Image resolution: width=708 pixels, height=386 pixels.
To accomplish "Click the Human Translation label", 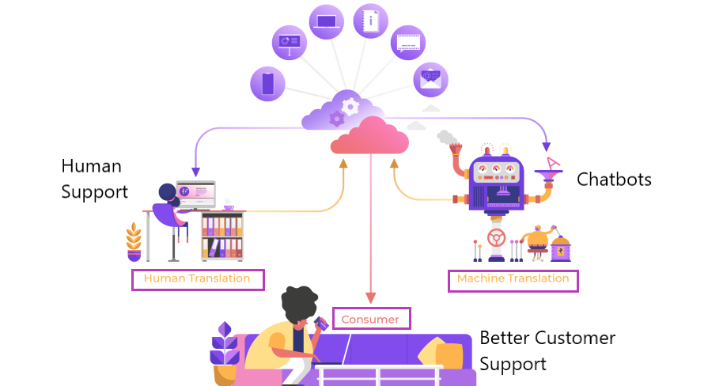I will pos(197,279).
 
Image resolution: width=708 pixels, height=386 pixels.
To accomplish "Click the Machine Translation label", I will pos(513,280).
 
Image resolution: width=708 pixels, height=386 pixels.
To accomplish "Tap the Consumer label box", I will pos(371,319).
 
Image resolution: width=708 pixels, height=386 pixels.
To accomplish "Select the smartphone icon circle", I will pos(267,84).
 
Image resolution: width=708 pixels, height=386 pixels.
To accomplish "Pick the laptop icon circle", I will pos(326,22).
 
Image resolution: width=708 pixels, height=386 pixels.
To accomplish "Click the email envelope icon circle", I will pos(430,79).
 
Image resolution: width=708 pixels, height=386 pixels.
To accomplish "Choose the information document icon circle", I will pos(370,21).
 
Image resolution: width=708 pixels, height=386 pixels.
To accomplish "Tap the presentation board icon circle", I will pos(289,42).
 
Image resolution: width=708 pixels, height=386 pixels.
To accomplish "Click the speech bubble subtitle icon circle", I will pos(408,43).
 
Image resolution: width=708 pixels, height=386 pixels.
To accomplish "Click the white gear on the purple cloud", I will pos(350,106).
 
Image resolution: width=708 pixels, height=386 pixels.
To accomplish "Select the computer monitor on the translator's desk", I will pos(195,192).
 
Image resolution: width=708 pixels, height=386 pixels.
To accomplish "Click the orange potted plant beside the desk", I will pos(134,242).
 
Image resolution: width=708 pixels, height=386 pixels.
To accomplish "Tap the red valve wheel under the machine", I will pos(496,237).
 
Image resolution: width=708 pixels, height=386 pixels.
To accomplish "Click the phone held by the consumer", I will pos(320,323).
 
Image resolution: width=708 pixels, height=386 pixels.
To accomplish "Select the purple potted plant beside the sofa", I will pos(225,351).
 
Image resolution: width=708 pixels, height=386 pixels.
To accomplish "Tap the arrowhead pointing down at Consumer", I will pos(370,298).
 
